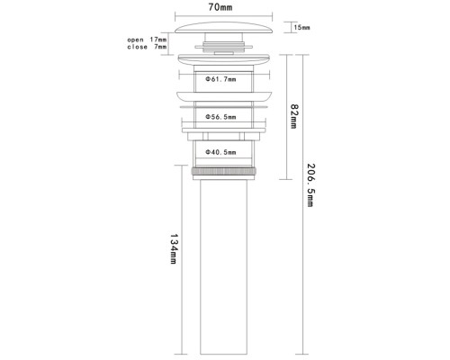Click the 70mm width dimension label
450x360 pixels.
[220, 7]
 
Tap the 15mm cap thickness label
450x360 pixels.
[301, 28]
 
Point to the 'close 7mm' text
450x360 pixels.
[147, 47]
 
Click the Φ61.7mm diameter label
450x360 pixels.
[220, 79]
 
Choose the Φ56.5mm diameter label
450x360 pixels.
[220, 117]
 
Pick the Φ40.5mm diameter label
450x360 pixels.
[220, 152]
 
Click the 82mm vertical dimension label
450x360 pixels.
[294, 116]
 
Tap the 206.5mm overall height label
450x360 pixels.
[310, 185]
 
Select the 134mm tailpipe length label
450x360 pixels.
[174, 249]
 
